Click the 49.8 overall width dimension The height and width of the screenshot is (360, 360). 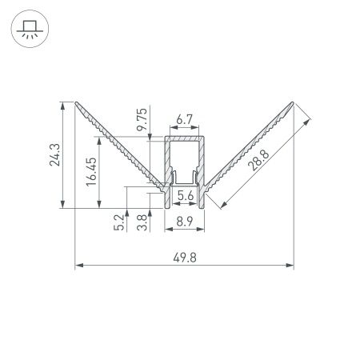tap(184, 256)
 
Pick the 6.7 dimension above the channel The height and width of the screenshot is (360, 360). tap(184, 120)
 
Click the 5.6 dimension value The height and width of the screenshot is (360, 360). tap(185, 194)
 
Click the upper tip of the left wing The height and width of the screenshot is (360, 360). tap(76, 103)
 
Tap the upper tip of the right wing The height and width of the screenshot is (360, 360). tap(293, 103)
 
